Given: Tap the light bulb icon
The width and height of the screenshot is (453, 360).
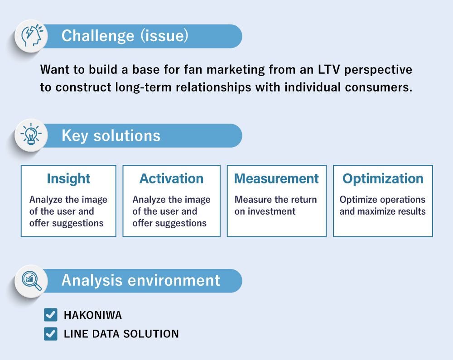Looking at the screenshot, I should pos(31,135).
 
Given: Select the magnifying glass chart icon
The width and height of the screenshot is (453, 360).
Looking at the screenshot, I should pos(31,280).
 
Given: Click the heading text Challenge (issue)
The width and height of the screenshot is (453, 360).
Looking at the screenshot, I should pos(125,36).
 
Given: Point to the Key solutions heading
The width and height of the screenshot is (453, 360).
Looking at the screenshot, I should pos(111,135).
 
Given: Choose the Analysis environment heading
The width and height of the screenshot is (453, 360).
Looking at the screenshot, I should pos(140,280).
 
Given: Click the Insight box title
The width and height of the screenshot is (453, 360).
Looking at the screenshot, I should pos(68,178).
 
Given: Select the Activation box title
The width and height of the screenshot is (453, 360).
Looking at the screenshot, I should pos(171,178).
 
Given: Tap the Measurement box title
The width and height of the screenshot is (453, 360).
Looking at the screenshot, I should pos(276,178).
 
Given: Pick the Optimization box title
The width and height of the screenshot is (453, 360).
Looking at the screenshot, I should pos(383,178).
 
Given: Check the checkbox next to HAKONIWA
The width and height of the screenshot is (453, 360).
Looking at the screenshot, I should pos(51,315).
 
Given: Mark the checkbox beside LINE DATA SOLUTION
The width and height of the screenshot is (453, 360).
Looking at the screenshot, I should pos(51,334).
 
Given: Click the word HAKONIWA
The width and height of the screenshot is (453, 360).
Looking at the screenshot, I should pos(93,315).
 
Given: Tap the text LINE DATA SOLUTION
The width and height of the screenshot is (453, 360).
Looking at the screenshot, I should pos(121,334).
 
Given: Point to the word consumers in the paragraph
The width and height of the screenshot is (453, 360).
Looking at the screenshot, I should pos(382,87).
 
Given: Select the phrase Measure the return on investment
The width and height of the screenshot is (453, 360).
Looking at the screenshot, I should pos(275,205).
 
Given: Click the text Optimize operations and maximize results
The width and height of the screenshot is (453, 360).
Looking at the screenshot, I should pos(382,205).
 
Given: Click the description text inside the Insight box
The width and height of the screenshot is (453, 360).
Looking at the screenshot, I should pos(68,211).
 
